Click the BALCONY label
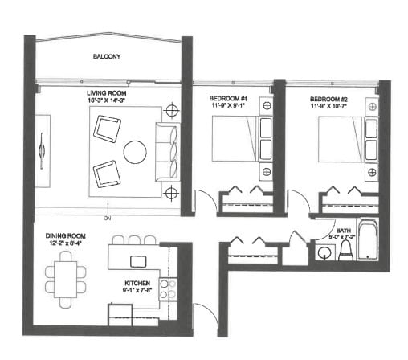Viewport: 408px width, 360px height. [106, 58]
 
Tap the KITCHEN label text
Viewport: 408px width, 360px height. [137, 282]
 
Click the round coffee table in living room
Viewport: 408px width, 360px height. [134, 151]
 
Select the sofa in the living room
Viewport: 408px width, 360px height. [166, 151]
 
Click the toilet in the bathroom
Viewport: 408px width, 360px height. [345, 250]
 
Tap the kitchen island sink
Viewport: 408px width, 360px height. [138, 260]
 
